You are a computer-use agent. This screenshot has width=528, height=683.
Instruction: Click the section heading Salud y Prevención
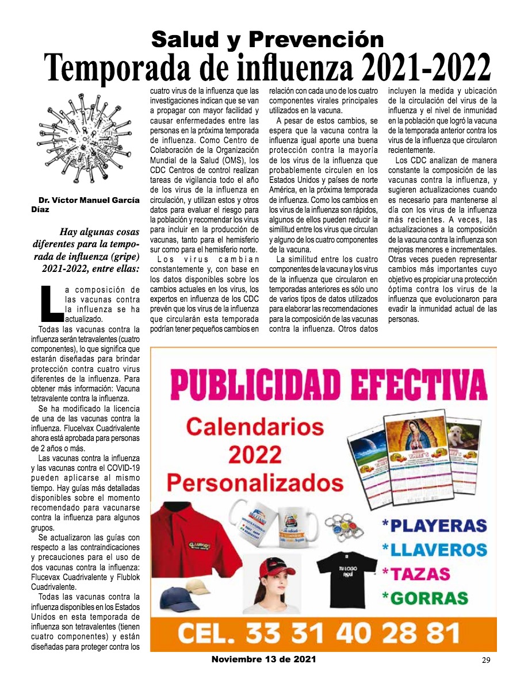267,39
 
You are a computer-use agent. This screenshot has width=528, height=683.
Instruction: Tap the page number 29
485,660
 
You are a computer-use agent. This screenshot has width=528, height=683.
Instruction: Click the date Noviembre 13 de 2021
263,659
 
